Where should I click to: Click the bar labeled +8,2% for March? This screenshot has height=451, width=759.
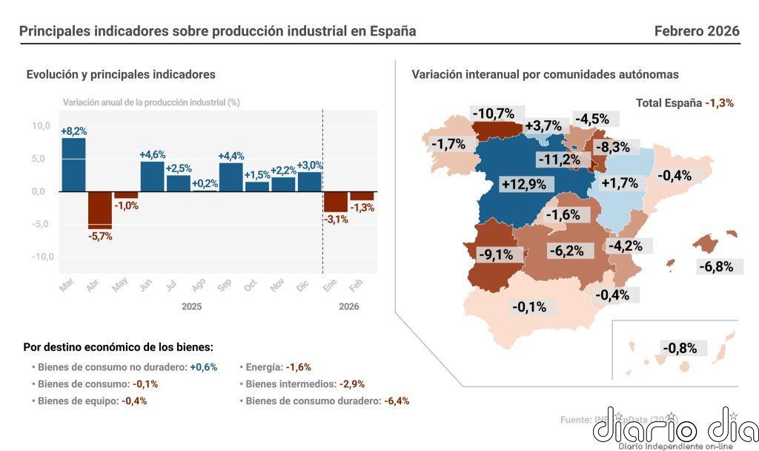click(73, 165)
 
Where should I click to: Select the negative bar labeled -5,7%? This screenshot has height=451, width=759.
click(99, 210)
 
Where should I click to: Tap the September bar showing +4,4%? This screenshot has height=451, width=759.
click(231, 177)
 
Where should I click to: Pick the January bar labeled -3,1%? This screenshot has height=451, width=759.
click(335, 202)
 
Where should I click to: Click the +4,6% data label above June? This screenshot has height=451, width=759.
click(152, 155)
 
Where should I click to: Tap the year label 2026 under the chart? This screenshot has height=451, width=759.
click(348, 306)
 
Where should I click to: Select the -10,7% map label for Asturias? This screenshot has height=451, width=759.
click(496, 113)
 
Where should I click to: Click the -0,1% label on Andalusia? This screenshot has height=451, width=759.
click(529, 306)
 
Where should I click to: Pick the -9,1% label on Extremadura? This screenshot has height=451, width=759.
click(495, 254)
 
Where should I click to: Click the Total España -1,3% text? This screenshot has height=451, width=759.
click(684, 103)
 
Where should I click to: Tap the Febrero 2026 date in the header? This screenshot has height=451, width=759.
click(697, 31)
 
